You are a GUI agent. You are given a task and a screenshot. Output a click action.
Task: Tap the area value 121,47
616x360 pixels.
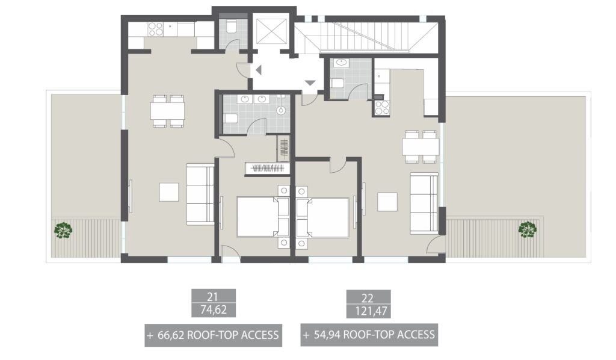pyautogui.click(x=369, y=311)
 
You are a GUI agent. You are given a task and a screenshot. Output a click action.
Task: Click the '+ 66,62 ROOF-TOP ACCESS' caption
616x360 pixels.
pyautogui.click(x=213, y=335)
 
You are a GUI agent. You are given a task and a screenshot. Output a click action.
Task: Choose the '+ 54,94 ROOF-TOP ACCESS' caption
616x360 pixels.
pyautogui.click(x=369, y=335)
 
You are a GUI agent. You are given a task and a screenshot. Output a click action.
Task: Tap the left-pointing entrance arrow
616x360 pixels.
pyautogui.click(x=258, y=70)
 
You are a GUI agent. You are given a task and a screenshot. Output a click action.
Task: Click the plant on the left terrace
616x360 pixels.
pyautogui.click(x=63, y=230)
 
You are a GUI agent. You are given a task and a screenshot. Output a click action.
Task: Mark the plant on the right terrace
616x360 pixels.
pyautogui.click(x=528, y=230)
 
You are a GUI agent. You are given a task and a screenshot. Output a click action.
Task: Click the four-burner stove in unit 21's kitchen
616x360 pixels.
pyautogui.click(x=156, y=28)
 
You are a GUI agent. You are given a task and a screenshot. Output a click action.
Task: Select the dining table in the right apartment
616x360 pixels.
pyautogui.click(x=420, y=146)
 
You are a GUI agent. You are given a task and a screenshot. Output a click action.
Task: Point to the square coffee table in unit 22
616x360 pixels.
pyautogui.click(x=387, y=202)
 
